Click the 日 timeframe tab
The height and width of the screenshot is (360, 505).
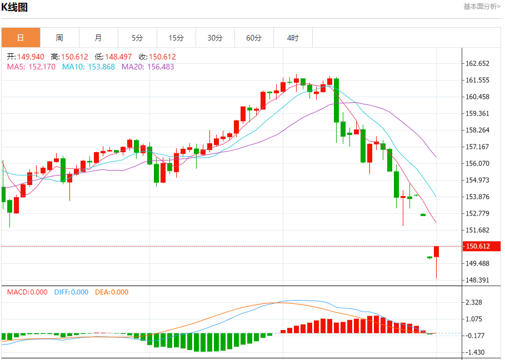coord(21,38)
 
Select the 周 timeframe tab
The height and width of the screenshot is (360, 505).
coord(59,38)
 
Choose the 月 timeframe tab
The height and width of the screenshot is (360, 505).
coord(98,38)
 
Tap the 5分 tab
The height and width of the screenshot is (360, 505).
coord(137,38)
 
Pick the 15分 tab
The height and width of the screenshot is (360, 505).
coord(176,38)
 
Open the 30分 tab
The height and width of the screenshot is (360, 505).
coord(215,38)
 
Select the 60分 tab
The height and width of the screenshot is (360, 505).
coord(254,38)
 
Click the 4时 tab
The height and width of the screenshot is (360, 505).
coord(293,38)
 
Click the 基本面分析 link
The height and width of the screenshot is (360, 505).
coord(481,7)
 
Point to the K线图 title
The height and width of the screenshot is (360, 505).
coord(15,7)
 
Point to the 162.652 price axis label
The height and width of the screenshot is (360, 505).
coord(477,63)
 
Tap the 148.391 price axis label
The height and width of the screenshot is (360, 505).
coord(477,280)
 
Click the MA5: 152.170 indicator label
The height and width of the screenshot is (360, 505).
coord(31,67)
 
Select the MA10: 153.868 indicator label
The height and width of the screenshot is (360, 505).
coord(88,67)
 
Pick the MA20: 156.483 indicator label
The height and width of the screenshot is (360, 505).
coord(148,67)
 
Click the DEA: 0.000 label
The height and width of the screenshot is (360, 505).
coord(112,292)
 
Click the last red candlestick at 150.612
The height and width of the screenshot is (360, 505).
coord(437,252)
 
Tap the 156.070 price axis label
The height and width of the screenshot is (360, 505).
coord(477,163)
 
